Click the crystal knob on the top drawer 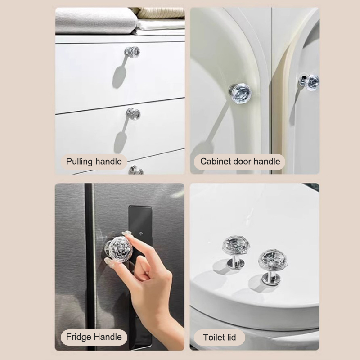[132, 52]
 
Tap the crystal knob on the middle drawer [133, 114]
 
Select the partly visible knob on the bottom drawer [136, 170]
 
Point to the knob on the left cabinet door [240, 93]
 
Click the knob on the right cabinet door [310, 82]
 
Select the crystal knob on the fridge [119, 249]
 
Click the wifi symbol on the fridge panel [140, 234]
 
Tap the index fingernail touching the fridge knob [127, 234]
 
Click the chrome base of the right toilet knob [271, 280]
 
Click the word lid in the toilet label [230, 337]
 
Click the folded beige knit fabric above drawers [159, 13]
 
